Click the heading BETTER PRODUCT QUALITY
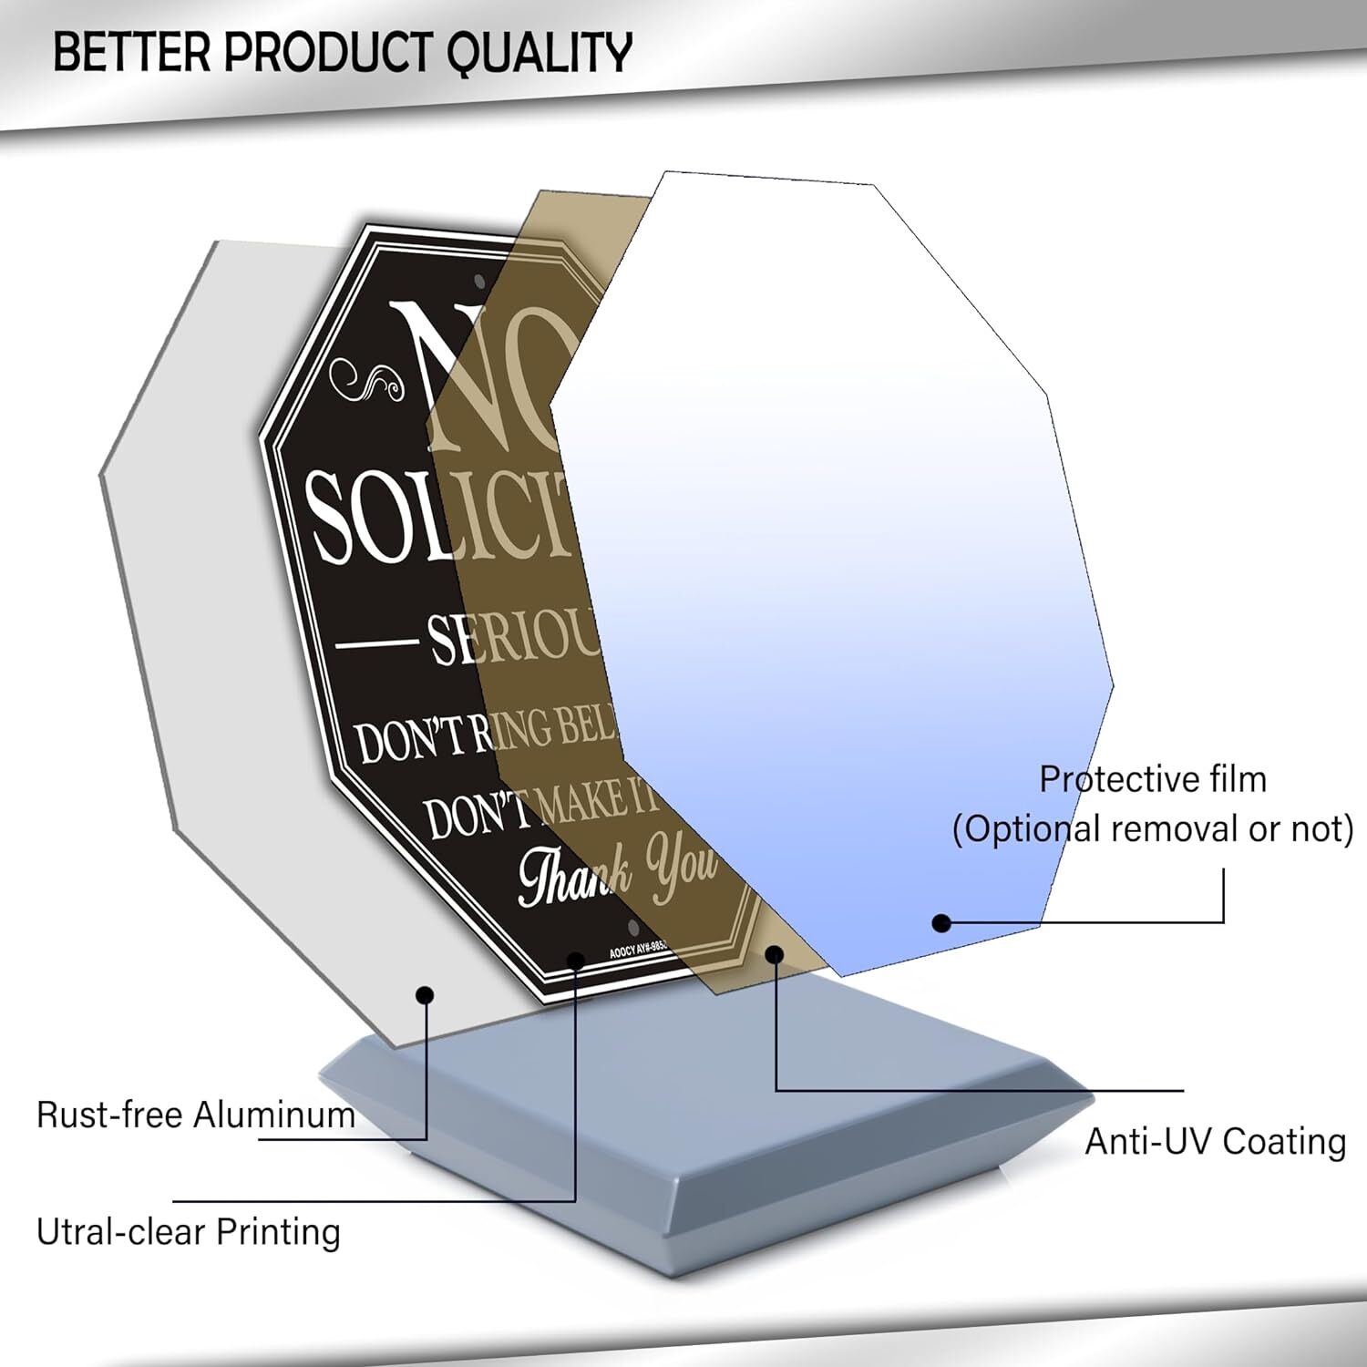click(342, 52)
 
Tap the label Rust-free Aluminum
click(195, 1115)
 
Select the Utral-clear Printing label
click(188, 1231)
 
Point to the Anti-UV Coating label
click(1215, 1141)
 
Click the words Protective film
click(1153, 779)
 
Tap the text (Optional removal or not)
click(1153, 829)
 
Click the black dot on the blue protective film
click(941, 923)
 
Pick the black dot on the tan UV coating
click(774, 954)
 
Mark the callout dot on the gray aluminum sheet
click(425, 994)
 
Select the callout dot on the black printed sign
click(576, 960)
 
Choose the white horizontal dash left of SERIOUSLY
click(376, 643)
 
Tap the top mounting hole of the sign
click(479, 281)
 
